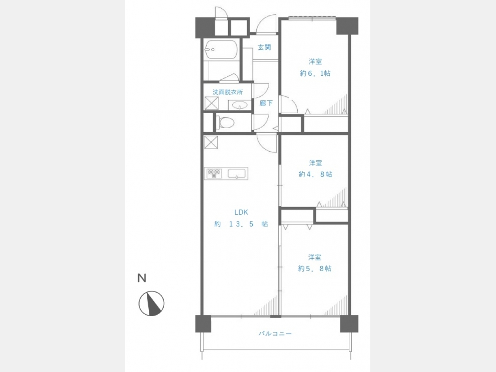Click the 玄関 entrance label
click(x=264, y=47)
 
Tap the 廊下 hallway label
click(x=266, y=103)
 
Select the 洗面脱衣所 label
click(x=228, y=92)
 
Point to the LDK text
click(x=241, y=212)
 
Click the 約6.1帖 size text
click(x=315, y=73)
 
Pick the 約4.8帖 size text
click(x=315, y=174)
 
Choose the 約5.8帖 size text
click(x=315, y=268)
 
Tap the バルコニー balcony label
click(x=275, y=334)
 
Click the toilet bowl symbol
click(x=225, y=122)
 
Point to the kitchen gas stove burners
click(x=214, y=174)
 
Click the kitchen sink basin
click(x=236, y=174)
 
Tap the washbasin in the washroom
click(x=239, y=105)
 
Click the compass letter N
click(x=142, y=278)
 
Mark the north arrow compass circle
click(x=151, y=303)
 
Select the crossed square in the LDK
click(x=211, y=142)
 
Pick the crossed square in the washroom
click(x=212, y=103)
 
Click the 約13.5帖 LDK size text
click(x=241, y=224)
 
